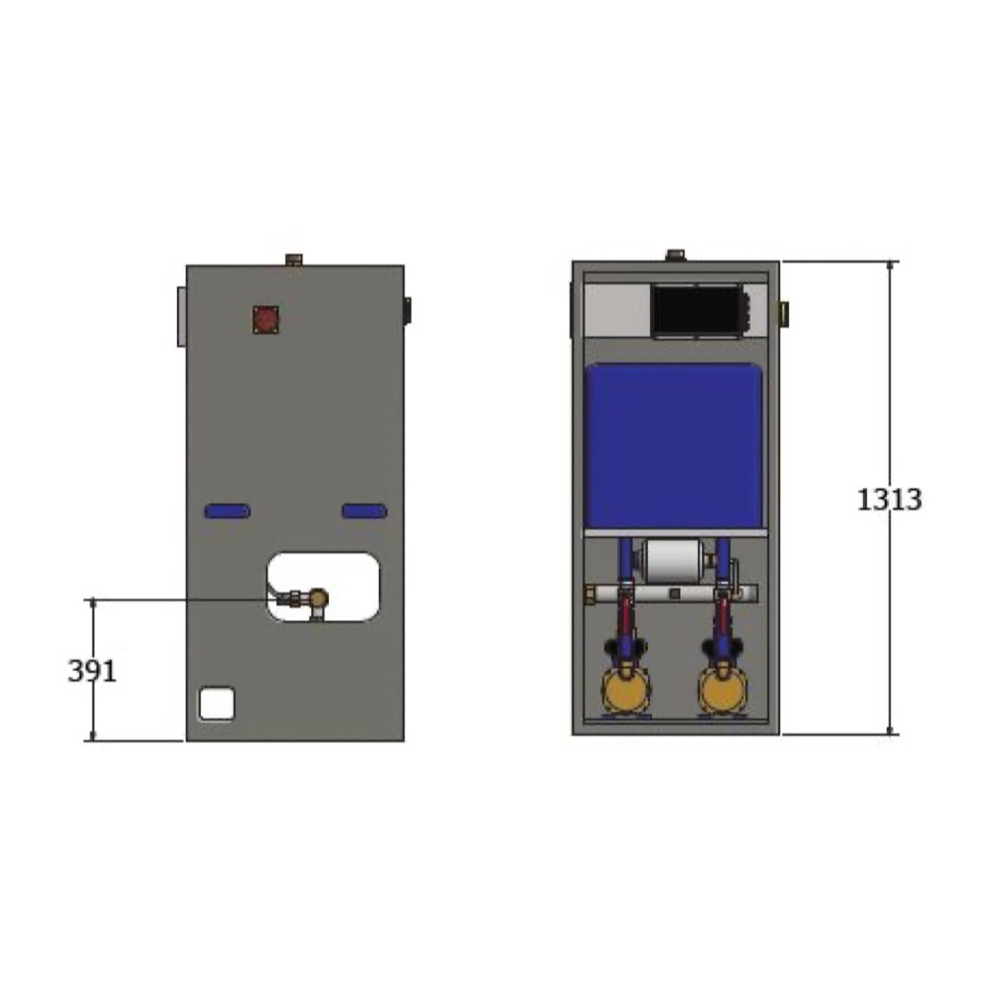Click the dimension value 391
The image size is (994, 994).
(x=92, y=671)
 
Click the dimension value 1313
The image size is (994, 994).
(x=889, y=500)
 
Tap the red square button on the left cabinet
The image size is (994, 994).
(x=265, y=319)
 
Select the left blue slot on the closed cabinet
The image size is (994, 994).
(x=228, y=511)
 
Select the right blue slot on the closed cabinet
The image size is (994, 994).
(x=365, y=511)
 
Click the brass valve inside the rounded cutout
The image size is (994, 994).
(x=318, y=597)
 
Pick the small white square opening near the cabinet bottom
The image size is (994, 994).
(x=217, y=704)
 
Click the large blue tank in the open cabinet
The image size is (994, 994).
(x=674, y=445)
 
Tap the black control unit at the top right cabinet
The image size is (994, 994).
(x=698, y=311)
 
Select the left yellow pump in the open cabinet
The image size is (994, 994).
(x=625, y=689)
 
